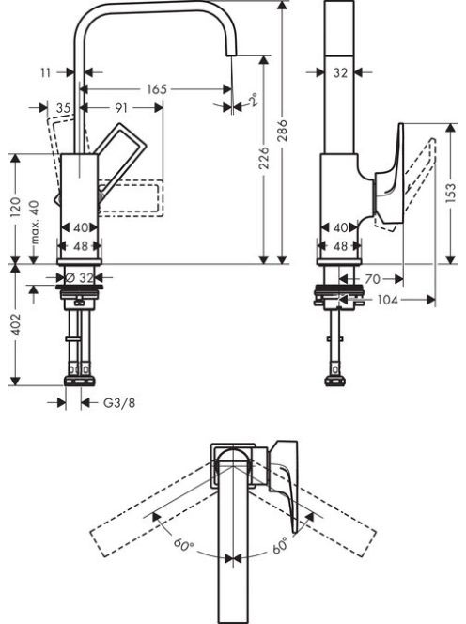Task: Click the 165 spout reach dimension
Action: [x=157, y=89]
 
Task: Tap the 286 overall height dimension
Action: [x=282, y=130]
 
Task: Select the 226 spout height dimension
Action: [x=264, y=158]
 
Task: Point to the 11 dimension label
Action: [x=46, y=72]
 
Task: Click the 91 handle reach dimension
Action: [x=121, y=107]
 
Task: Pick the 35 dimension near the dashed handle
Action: [x=63, y=107]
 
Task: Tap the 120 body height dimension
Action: [x=15, y=207]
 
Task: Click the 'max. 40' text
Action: [x=35, y=222]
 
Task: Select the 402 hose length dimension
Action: [x=15, y=324]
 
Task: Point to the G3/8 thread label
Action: [x=119, y=403]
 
